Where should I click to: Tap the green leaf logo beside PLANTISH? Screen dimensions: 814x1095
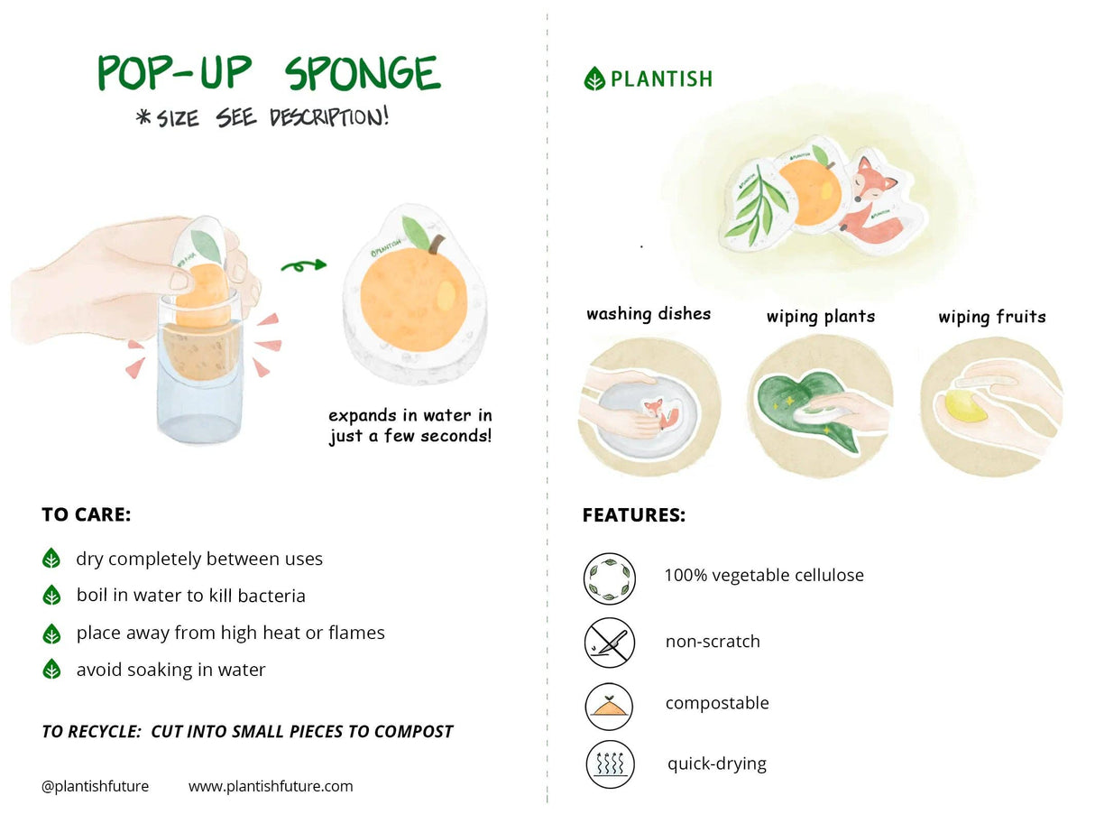(594, 79)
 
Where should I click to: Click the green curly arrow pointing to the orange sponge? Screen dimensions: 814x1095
(303, 265)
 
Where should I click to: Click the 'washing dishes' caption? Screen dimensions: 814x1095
(649, 314)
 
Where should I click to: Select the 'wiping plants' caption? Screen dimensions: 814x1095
(820, 317)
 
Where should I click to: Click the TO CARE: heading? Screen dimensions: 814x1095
(87, 515)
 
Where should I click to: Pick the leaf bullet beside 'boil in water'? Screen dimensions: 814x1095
(52, 596)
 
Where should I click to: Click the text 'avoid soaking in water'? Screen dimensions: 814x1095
(170, 670)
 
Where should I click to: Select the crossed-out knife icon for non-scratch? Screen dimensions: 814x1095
(609, 642)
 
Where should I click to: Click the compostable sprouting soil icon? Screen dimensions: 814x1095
(609, 705)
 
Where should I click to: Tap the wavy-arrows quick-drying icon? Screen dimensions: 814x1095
(609, 765)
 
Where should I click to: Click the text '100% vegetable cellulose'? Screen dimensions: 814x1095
(764, 575)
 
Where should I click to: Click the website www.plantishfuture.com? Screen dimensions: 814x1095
(271, 786)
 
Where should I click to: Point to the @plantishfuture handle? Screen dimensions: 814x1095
(95, 786)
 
